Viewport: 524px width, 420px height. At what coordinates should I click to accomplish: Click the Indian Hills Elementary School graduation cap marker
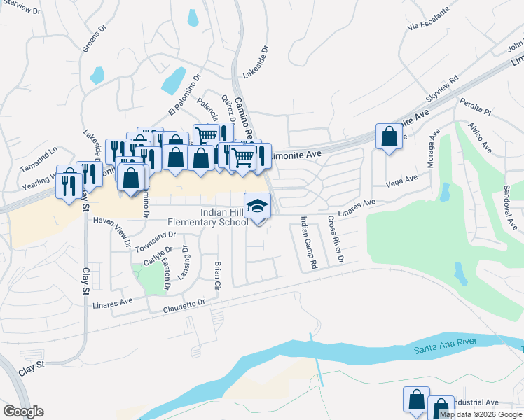click(x=257, y=206)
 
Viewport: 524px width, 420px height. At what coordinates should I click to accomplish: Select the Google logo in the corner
click(x=23, y=412)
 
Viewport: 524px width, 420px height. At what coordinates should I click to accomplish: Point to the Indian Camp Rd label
click(x=309, y=243)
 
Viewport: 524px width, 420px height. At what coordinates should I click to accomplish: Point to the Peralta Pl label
click(x=476, y=107)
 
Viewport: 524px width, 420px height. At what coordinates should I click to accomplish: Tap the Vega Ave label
click(x=402, y=183)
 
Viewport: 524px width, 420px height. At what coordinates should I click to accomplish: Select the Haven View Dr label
click(x=112, y=232)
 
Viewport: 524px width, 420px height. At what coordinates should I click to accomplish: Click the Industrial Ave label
click(x=475, y=402)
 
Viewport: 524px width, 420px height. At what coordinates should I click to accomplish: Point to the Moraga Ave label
click(x=432, y=148)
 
